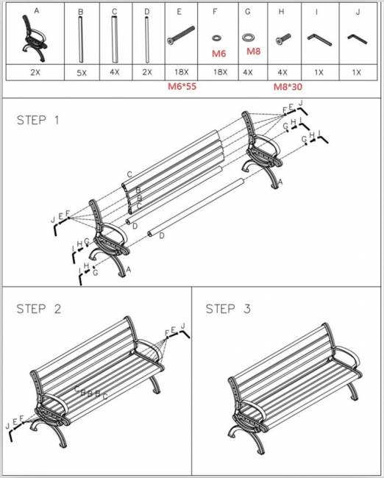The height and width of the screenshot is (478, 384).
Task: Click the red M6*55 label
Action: click(x=182, y=86)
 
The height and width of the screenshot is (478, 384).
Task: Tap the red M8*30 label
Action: click(x=288, y=87)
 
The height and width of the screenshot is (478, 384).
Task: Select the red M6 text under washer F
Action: click(x=218, y=54)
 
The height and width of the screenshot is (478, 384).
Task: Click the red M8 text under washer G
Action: click(x=254, y=51)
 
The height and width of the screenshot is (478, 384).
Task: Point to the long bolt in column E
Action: click(x=180, y=35)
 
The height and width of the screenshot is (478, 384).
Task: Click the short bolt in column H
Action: click(x=283, y=39)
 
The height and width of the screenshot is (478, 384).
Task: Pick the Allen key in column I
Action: click(x=319, y=39)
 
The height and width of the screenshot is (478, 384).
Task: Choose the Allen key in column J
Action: click(x=358, y=39)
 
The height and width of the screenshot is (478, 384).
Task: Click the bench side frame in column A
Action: click(x=34, y=38)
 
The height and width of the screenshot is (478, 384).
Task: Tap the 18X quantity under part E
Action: click(x=181, y=72)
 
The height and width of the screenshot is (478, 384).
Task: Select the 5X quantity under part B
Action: click(x=82, y=73)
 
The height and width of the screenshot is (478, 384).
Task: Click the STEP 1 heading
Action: click(x=38, y=120)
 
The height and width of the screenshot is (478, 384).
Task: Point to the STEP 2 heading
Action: click(x=39, y=309)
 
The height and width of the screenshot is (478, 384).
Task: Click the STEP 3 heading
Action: click(x=228, y=309)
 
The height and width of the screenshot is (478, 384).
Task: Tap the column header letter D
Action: click(x=147, y=12)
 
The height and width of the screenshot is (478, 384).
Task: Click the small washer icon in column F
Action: click(x=216, y=38)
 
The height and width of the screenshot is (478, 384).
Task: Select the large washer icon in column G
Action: click(x=249, y=38)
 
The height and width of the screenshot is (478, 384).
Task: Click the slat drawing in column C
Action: click(x=114, y=39)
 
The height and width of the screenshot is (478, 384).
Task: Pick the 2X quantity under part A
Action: click(x=35, y=73)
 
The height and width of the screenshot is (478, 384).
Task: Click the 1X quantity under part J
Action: click(x=356, y=73)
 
